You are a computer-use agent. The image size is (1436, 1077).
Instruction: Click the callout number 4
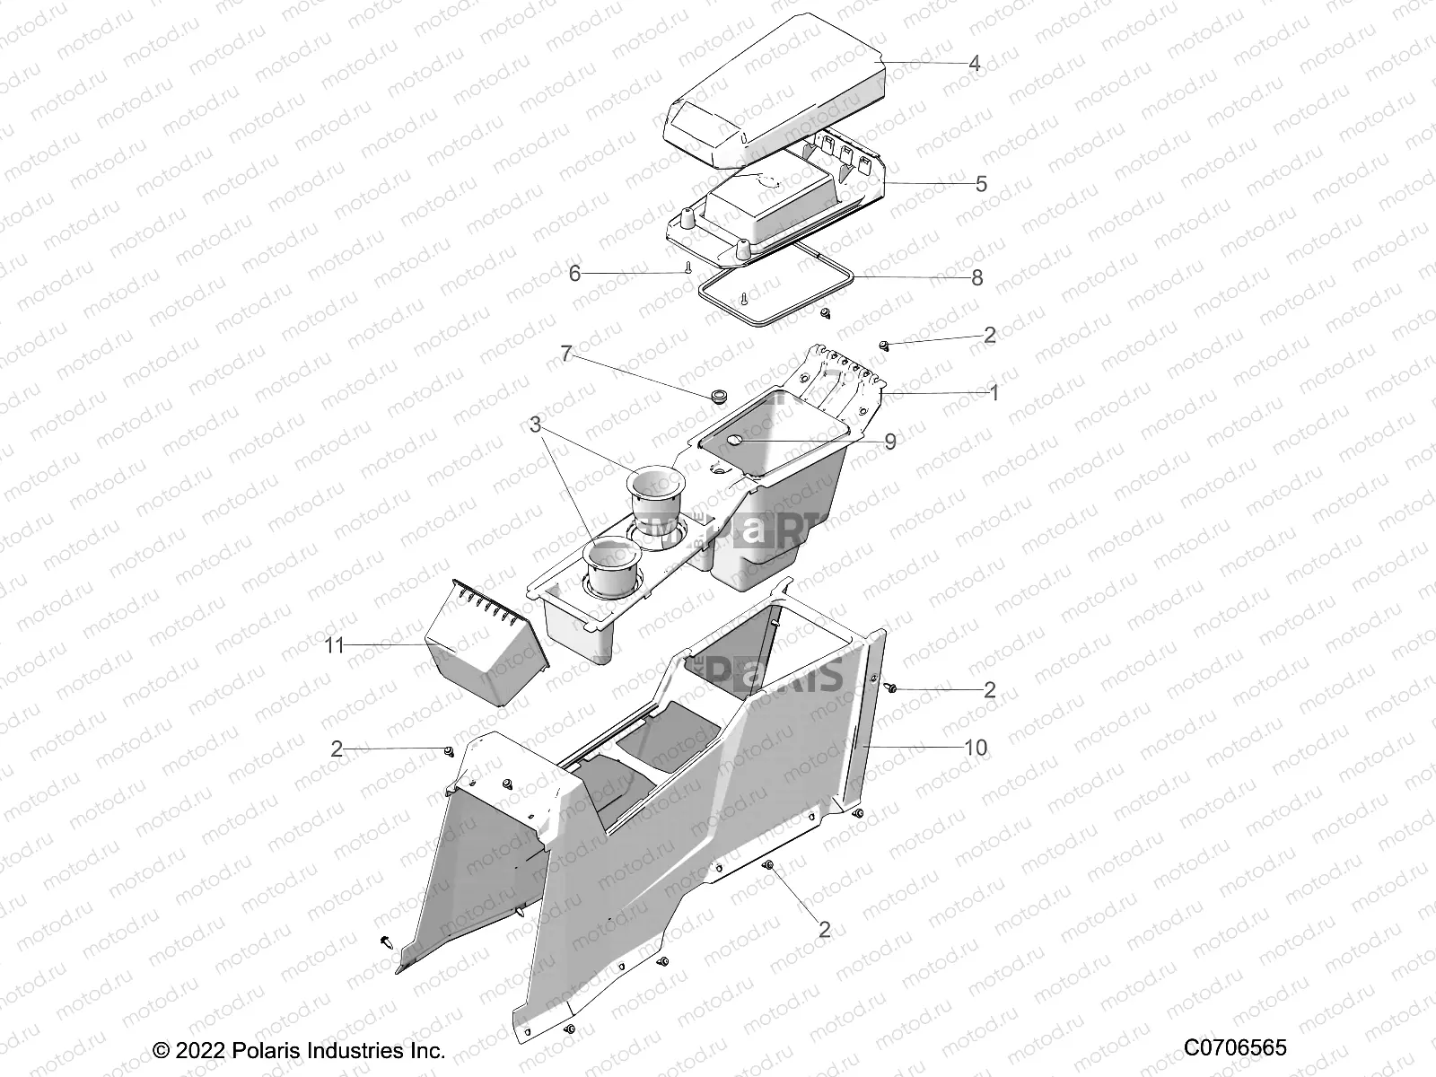coord(974,64)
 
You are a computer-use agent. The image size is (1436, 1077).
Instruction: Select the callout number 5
coord(981,184)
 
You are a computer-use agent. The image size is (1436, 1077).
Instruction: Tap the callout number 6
coord(575,273)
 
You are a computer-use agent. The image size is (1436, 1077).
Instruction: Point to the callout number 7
coord(566,353)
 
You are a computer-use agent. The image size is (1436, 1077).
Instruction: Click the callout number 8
coord(977,277)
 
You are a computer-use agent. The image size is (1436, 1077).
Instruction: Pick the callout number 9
coord(889,442)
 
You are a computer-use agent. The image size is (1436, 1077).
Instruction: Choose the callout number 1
coord(993,392)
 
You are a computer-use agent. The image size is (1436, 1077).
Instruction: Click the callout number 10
coord(975,747)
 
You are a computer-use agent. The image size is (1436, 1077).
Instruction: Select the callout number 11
coord(335,645)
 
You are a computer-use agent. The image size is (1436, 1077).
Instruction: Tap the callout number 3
coord(536,425)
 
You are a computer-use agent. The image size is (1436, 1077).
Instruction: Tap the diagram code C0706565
coord(1235,1047)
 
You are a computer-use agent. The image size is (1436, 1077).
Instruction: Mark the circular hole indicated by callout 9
coord(733,441)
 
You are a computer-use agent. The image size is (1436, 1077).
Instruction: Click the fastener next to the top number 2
coord(883,345)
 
